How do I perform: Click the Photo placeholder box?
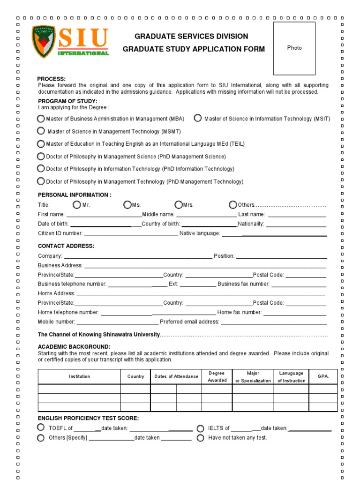[294, 48]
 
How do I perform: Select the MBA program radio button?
[41, 119]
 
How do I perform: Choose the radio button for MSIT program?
[198, 118]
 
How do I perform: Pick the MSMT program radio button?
[41, 131]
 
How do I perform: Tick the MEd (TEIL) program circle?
[41, 144]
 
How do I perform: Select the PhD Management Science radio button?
[41, 156]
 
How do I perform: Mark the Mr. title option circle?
[77, 204]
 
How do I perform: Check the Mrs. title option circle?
[179, 204]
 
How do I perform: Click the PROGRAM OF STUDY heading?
[67, 101]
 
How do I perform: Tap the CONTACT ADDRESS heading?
[66, 246]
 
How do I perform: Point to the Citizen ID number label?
[60, 233]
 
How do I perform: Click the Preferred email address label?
[189, 322]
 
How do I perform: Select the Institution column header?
[79, 376]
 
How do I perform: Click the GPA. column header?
[323, 376]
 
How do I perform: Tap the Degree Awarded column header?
[217, 376]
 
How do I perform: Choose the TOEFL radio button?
[41, 427]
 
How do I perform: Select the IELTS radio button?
[201, 428]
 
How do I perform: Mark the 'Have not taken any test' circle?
[201, 438]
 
